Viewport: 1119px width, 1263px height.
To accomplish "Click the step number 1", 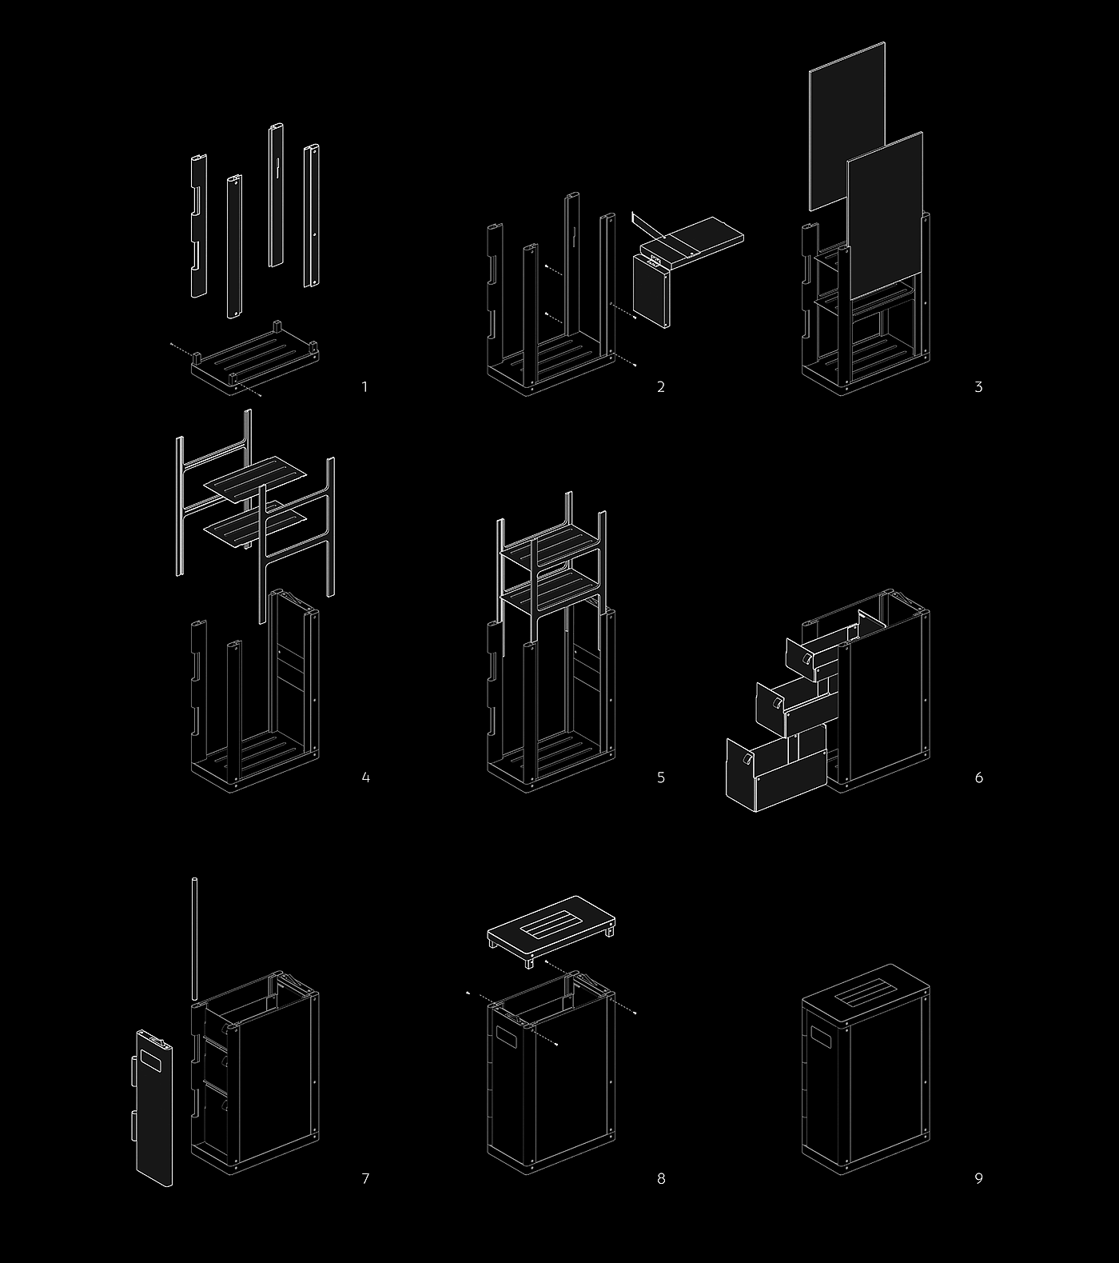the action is [365, 387].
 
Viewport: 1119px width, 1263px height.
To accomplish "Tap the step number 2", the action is [661, 387].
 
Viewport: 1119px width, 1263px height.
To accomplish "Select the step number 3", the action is [978, 387].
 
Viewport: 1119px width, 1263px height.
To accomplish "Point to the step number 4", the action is [365, 777].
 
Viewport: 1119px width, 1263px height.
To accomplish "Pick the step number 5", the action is [661, 777].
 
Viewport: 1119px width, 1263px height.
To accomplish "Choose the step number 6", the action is [978, 777].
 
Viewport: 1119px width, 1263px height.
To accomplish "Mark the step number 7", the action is [365, 1178].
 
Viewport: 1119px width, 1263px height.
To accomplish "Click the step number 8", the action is [661, 1178].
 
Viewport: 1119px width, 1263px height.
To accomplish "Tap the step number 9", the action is [978, 1178].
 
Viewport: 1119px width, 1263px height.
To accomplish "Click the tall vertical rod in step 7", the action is [193, 939].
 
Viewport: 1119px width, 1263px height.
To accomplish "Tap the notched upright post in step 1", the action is [198, 226].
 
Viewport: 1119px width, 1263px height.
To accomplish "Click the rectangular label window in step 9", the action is [822, 1039].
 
